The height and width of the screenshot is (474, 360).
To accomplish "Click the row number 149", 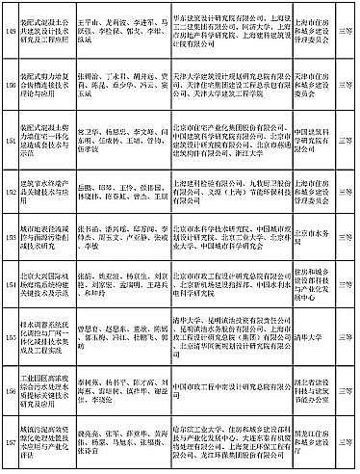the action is [x=10, y=26].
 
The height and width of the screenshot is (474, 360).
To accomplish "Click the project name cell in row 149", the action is [x=43, y=26].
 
